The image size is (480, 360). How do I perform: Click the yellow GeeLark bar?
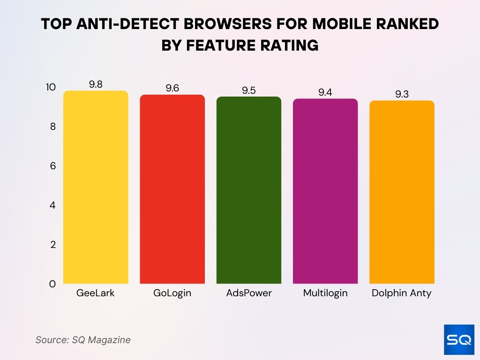point(96,187)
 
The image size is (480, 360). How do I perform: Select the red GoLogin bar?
point(172,189)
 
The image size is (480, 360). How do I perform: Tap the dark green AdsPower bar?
point(248,190)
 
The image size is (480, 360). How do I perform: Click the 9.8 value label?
point(96,84)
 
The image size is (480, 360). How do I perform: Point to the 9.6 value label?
point(172,89)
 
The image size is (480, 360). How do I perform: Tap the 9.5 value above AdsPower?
point(248,90)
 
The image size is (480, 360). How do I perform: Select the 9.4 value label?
point(325,92)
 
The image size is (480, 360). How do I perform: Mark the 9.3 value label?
point(402,94)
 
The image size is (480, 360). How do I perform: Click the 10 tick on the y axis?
point(51,87)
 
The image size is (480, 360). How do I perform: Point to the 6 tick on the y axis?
point(52,166)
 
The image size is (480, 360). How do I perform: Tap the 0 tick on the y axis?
point(52,284)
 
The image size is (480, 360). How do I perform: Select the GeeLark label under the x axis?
point(96,293)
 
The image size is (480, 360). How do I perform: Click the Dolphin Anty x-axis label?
point(402,293)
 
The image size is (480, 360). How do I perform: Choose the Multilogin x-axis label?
point(325,293)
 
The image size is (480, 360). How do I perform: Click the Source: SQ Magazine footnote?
point(83,340)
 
